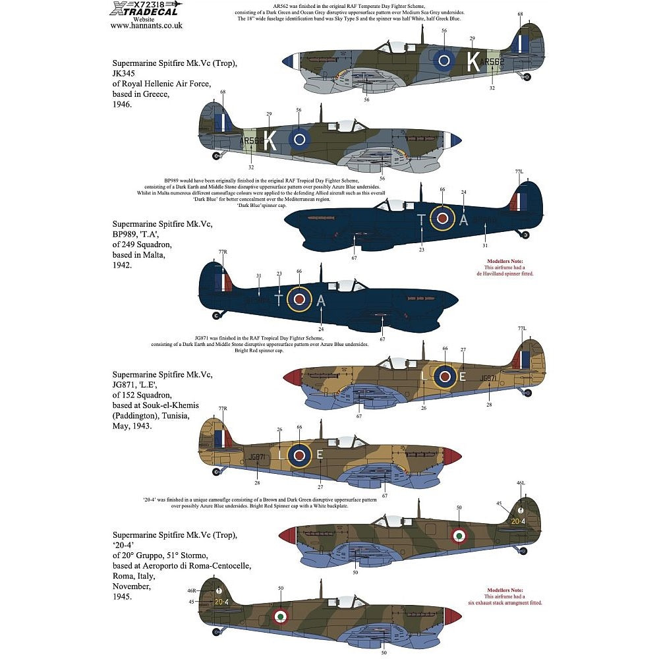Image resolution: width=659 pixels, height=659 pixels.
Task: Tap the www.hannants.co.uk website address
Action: coord(146,26)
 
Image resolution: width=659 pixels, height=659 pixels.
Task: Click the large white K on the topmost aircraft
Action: coord(473,61)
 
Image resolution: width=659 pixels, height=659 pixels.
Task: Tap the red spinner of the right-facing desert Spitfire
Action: coord(291,377)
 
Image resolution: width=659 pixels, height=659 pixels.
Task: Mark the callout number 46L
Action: coord(521,484)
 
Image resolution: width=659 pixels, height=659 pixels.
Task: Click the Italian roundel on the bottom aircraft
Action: coord(281,616)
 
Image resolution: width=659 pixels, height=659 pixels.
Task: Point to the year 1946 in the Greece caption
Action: coord(122,105)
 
